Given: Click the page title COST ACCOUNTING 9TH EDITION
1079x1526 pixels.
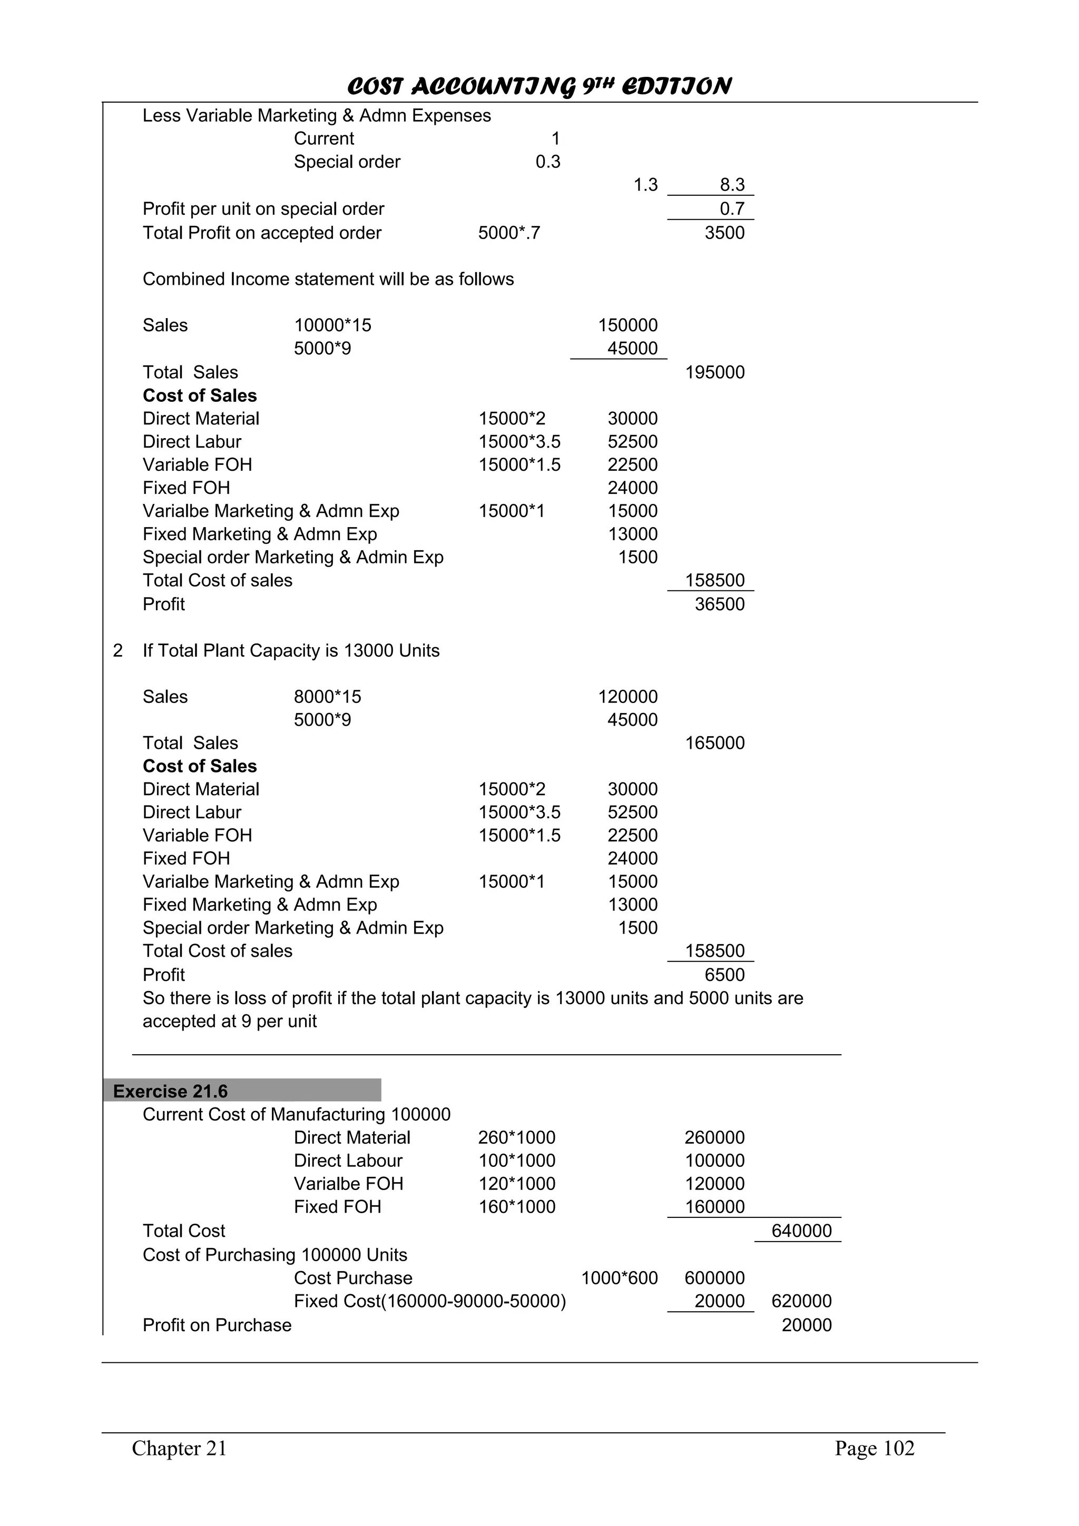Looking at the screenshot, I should (539, 86).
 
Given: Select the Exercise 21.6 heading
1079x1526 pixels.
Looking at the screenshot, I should (170, 1092).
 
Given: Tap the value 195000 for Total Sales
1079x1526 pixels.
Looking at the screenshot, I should (715, 372).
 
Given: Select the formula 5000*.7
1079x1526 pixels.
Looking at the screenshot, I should (509, 233).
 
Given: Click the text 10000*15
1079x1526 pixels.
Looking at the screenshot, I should (332, 325).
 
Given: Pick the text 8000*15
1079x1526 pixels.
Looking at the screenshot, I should (327, 697).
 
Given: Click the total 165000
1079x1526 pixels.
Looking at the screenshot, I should (715, 743).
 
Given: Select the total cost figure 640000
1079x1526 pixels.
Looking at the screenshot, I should (801, 1231).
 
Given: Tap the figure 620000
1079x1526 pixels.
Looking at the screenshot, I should (801, 1301).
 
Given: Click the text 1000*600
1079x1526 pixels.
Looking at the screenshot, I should (619, 1277).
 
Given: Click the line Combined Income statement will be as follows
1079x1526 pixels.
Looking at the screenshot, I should (328, 279).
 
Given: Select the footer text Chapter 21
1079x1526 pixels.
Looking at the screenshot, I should (180, 1448).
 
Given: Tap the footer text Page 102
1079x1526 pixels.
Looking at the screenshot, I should (874, 1448).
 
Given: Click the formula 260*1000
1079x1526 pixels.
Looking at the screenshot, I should (516, 1137).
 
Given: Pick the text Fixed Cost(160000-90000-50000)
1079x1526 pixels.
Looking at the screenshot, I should (429, 1301).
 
